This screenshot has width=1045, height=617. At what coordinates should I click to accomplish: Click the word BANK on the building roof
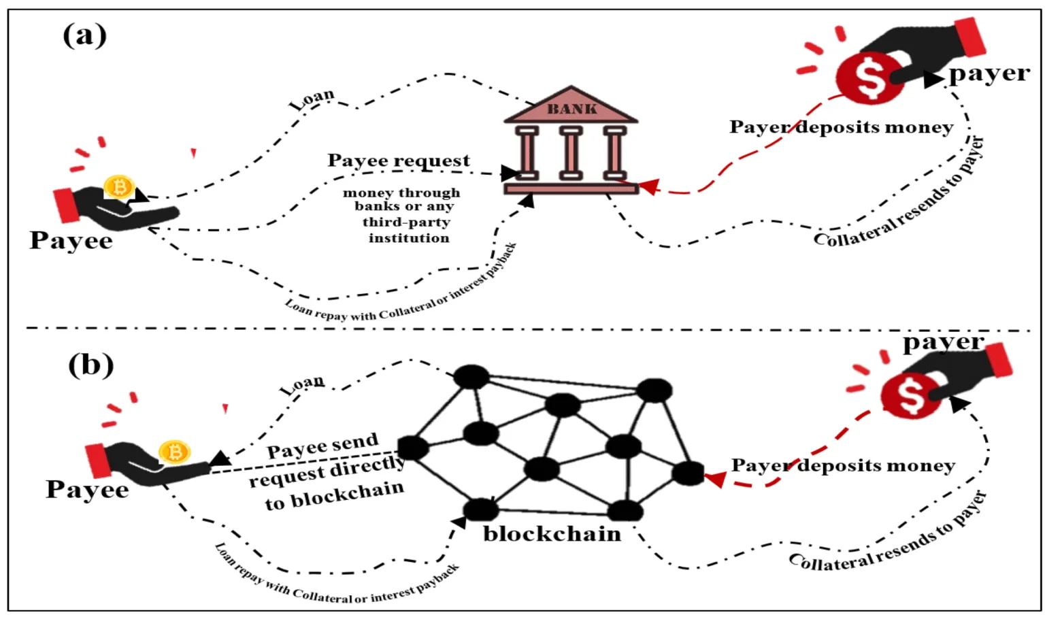pos(572,109)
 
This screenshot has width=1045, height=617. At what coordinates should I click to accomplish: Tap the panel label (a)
pos(84,35)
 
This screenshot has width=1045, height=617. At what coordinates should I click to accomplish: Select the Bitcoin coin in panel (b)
pos(174,452)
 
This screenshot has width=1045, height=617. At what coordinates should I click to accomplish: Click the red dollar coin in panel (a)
pos(869,78)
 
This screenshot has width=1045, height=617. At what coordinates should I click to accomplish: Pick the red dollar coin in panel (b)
pos(910,395)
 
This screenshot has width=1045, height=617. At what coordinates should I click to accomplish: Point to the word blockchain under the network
pos(552,533)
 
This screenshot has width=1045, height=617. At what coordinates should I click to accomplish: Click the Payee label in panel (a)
pos(71,241)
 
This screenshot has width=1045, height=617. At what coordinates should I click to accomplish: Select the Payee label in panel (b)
pos(87,490)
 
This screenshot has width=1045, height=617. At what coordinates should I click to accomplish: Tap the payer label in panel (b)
pos(944,343)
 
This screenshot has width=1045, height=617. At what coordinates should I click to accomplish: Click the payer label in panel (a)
pos(989,73)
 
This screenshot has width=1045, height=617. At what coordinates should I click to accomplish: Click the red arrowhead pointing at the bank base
pos(649,186)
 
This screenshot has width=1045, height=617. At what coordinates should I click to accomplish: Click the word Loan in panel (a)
pos(312,99)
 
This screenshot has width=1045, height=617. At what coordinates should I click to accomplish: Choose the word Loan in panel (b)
pos(302,385)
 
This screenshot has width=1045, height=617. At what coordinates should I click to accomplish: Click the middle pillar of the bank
pos(571,152)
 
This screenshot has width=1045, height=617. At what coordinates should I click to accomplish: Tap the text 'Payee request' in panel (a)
pos(399,161)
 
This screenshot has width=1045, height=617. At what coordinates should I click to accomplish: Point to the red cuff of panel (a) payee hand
pos(67,205)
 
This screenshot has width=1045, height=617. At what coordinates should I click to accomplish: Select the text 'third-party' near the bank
pos(406,222)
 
